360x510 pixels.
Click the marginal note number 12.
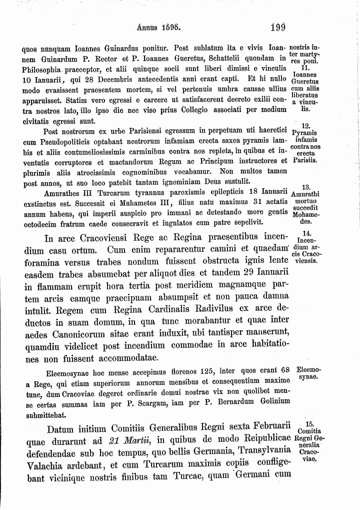tap(307, 126)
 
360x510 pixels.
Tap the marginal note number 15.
tap(306, 423)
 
